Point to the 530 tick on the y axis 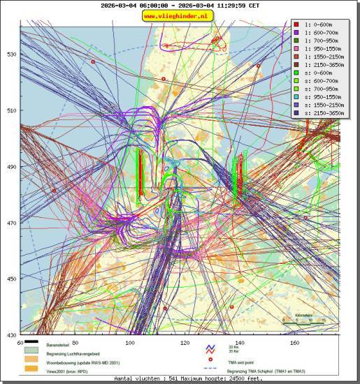click(x=11, y=54)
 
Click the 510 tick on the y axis click(x=11, y=110)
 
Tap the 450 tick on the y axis click(x=11, y=279)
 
